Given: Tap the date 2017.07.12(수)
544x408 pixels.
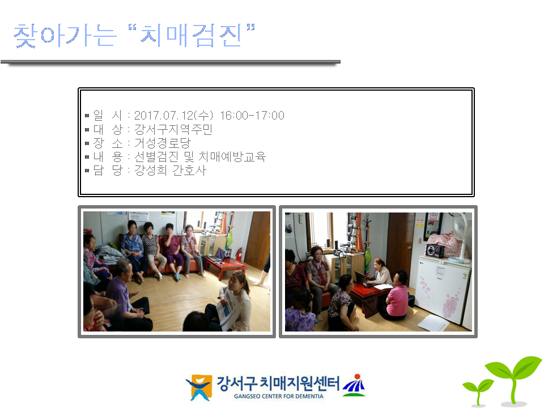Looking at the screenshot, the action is click(x=173, y=115).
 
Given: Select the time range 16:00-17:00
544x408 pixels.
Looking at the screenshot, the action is click(x=252, y=115).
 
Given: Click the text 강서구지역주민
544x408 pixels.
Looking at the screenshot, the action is click(x=173, y=129).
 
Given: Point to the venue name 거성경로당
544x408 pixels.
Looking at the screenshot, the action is click(x=163, y=143).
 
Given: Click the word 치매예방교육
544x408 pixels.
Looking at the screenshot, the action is click(x=232, y=156).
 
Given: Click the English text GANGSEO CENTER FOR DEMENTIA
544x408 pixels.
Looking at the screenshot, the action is click(x=279, y=396).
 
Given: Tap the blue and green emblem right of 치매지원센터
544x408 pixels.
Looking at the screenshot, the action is click(x=354, y=385).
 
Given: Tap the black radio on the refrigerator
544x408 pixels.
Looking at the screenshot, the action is click(x=435, y=250).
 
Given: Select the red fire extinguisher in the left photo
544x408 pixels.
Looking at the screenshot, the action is click(x=239, y=255).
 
